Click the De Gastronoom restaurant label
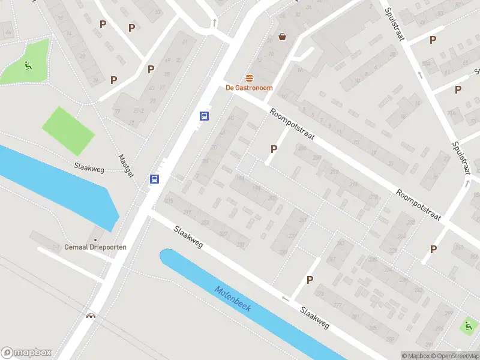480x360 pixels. point(249,88)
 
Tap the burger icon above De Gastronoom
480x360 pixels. point(249,78)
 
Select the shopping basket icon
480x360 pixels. point(282,37)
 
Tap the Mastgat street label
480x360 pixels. point(127,164)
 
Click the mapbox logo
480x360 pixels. point(26,353)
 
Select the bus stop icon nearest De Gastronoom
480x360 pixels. point(205,116)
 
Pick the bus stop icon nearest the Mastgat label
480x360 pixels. point(155,179)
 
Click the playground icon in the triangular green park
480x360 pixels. point(27,65)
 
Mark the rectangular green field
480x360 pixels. point(68,130)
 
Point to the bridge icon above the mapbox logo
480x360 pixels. point(91,316)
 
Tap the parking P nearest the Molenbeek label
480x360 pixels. point(310,280)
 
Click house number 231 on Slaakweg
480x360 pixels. point(242,245)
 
